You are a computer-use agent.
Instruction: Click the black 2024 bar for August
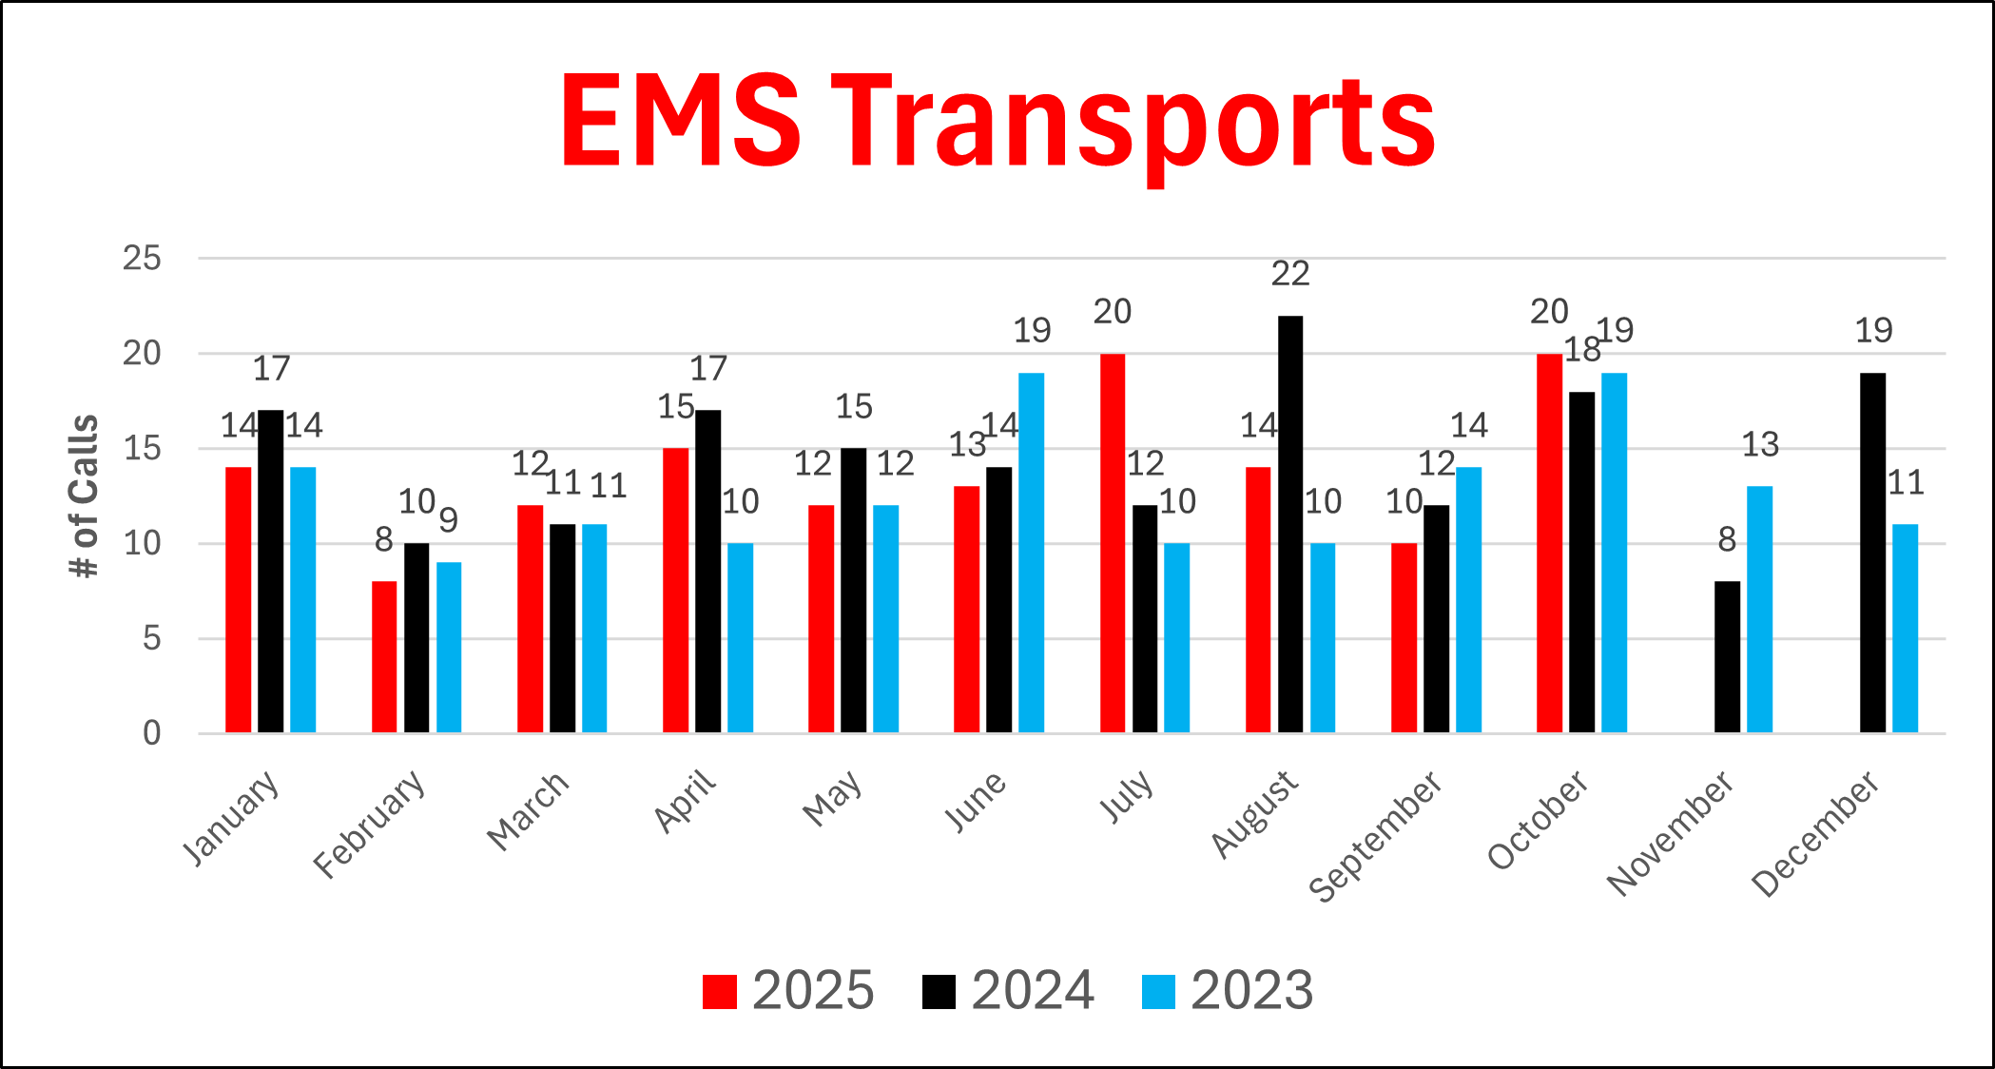coord(1290,523)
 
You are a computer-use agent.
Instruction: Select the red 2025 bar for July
coord(1113,542)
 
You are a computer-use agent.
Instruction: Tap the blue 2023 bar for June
coord(1031,552)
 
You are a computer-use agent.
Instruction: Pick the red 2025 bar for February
coord(384,656)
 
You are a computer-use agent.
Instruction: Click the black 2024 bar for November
coord(1727,656)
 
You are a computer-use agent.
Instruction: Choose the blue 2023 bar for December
coord(1905,628)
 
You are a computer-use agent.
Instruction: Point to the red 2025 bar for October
coord(1549,542)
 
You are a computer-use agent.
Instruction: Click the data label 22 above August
coord(1290,274)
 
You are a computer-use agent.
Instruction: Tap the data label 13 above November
coord(1759,444)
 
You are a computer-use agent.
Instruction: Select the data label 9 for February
coord(449,520)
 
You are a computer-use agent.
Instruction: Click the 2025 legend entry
coord(788,991)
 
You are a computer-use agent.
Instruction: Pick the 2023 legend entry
coord(1228,991)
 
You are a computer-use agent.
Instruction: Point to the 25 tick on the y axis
coord(142,258)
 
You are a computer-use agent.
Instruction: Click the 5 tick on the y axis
coord(152,638)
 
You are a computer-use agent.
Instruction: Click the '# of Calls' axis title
coord(84,496)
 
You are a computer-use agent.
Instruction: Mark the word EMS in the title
coord(681,121)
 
